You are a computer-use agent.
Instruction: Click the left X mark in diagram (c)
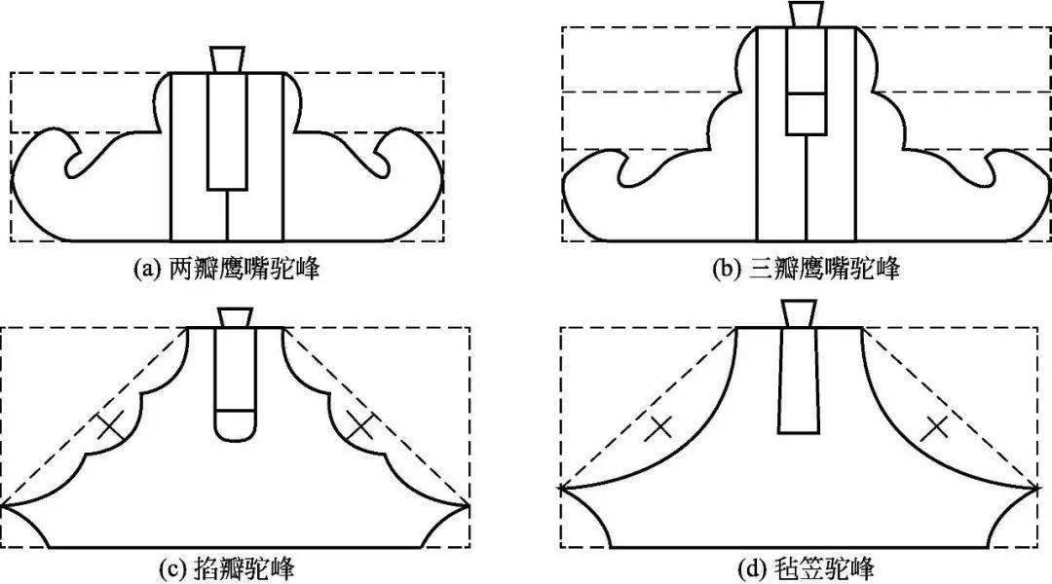tap(110, 425)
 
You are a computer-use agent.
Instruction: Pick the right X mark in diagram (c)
tap(361, 425)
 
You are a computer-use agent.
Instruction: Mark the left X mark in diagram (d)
tap(659, 425)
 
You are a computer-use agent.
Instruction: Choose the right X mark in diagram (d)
tap(936, 425)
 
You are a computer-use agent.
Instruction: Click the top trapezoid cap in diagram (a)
tap(226, 58)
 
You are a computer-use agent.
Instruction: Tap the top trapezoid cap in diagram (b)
tap(806, 15)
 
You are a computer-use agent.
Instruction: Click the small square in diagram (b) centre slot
tap(806, 113)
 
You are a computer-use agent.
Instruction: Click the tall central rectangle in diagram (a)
tap(227, 131)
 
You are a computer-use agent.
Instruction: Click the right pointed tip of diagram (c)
tap(469, 505)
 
